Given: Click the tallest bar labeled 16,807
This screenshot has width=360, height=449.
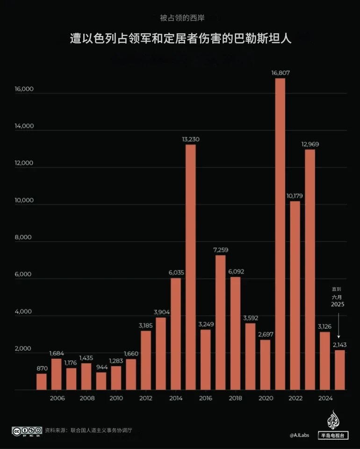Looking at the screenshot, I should [x=280, y=234].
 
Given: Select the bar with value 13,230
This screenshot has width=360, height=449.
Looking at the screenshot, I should [x=190, y=267].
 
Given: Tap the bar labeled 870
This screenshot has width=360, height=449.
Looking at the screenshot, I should [x=42, y=382].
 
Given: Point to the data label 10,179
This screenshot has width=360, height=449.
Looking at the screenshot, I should [x=295, y=195].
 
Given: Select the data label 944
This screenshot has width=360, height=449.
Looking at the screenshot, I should [x=101, y=367].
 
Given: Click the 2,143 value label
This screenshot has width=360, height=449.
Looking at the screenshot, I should [x=340, y=344].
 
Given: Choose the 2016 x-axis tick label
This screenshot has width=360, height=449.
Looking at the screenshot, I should [x=205, y=398].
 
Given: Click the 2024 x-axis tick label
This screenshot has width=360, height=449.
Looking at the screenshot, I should [x=325, y=398].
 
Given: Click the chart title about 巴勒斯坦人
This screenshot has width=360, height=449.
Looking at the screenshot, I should [x=180, y=38].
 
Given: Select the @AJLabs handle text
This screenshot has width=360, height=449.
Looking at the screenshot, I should [x=299, y=435].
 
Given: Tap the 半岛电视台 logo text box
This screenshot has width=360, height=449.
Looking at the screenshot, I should [x=333, y=435].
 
